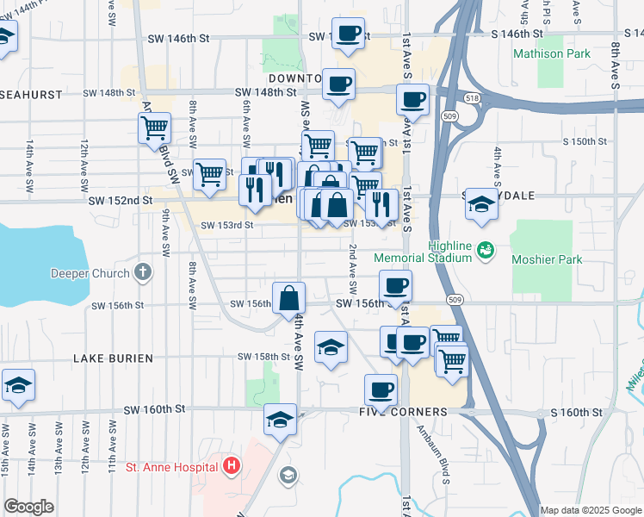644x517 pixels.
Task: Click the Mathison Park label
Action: pyautogui.click(x=552, y=53)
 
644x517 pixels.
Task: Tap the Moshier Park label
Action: pyautogui.click(x=547, y=259)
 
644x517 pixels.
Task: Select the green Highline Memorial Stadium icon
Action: pyautogui.click(x=486, y=249)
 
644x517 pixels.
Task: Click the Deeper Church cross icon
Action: pyautogui.click(x=143, y=273)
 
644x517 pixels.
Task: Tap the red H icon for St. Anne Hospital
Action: pyautogui.click(x=230, y=467)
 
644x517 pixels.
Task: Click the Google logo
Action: pyautogui.click(x=28, y=507)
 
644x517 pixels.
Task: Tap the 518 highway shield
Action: pyautogui.click(x=471, y=99)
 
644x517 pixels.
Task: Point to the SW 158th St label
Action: pyautogui.click(x=263, y=356)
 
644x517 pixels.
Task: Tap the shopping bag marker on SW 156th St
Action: pyautogui.click(x=289, y=298)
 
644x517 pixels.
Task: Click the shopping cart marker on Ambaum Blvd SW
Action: pyautogui.click(x=154, y=128)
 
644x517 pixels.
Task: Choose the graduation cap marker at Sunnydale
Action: pyautogui.click(x=481, y=204)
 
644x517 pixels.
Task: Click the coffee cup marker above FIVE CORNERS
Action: pyautogui.click(x=380, y=389)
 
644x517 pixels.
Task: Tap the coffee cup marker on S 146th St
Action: pyautogui.click(x=347, y=34)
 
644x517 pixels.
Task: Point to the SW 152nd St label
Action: pyautogui.click(x=120, y=200)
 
